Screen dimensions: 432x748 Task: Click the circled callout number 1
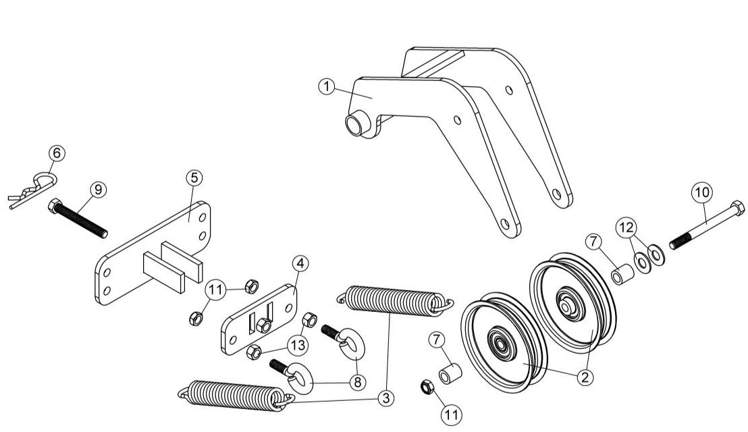coord(327,86)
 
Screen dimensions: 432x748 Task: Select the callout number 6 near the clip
coord(57,153)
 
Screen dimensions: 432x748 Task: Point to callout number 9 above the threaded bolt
coord(98,190)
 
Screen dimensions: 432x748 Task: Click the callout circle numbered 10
coord(701,192)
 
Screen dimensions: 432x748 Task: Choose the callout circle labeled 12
coord(624,227)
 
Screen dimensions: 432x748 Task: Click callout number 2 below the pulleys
coord(585,377)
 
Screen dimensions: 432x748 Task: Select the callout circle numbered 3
coord(385,399)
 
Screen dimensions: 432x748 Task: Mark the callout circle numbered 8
coord(356,382)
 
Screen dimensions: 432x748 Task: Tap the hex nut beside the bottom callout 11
coord(427,387)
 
